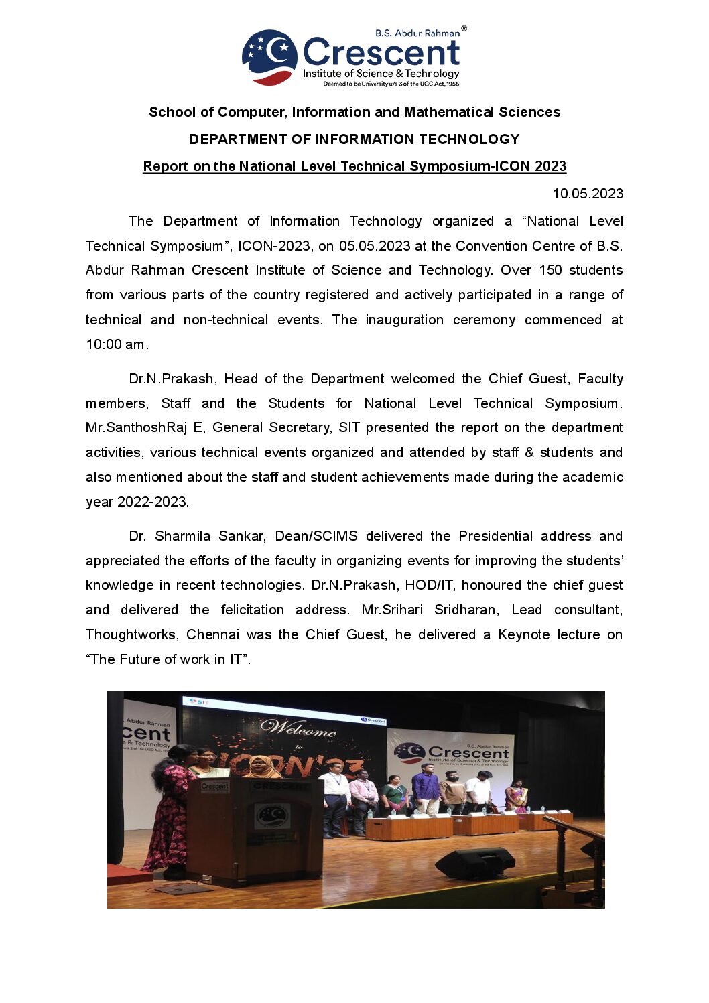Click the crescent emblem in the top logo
click(269, 57)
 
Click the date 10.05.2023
click(587, 194)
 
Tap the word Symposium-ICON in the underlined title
click(470, 166)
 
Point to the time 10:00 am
click(115, 344)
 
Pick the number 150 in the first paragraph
click(550, 270)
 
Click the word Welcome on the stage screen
click(298, 728)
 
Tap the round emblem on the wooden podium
click(273, 816)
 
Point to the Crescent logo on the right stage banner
click(452, 753)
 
